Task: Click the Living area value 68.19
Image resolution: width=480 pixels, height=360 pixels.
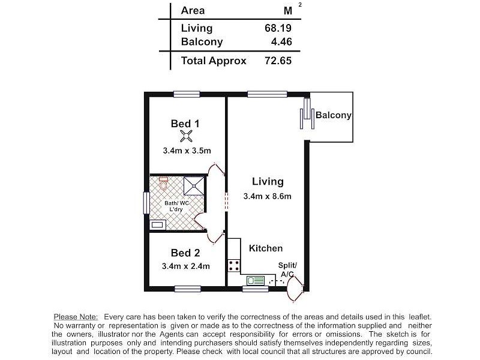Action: (278, 28)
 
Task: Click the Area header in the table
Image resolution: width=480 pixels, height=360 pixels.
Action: (193, 10)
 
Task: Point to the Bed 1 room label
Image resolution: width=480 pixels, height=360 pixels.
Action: (185, 124)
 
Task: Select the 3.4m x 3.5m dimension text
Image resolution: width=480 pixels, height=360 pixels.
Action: (185, 151)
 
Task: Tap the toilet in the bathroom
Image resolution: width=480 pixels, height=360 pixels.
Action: (164, 183)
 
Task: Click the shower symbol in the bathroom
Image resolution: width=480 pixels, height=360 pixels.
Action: (193, 186)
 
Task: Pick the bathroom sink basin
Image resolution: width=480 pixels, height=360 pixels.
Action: (157, 224)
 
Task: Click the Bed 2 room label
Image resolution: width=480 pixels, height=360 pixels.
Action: (185, 253)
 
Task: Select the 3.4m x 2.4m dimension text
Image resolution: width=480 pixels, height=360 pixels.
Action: (185, 266)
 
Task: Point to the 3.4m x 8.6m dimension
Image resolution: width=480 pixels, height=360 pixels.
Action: (267, 196)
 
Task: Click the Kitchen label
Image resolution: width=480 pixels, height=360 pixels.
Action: (266, 248)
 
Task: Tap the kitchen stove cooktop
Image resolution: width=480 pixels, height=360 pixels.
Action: (233, 265)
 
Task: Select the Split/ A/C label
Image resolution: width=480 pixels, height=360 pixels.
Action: (286, 270)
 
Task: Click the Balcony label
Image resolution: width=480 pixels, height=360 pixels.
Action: (333, 115)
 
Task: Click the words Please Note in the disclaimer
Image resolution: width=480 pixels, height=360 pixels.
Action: (77, 316)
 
